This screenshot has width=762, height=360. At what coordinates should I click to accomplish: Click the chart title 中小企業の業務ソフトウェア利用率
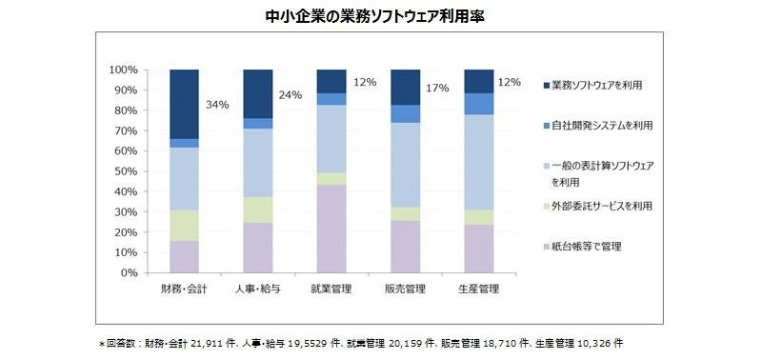375,16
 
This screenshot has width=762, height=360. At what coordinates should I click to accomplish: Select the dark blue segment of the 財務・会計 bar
184,104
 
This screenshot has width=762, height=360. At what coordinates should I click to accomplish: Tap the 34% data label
217,105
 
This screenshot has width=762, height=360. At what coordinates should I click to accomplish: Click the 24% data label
291,95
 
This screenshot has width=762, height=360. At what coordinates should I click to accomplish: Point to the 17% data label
438,89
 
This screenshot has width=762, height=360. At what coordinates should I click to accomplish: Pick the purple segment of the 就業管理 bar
331,229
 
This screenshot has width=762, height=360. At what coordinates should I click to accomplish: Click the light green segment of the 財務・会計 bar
184,226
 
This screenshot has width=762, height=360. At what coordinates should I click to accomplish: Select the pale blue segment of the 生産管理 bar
479,162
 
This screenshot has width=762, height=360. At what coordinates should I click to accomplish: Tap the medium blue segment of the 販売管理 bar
406,113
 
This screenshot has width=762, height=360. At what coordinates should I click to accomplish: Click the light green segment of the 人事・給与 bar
257,210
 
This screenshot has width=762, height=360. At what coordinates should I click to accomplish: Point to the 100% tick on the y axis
126,70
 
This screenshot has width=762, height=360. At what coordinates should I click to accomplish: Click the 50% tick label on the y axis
128,171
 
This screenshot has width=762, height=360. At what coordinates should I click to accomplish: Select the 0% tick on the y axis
130,273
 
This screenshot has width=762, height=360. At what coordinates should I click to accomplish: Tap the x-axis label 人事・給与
257,290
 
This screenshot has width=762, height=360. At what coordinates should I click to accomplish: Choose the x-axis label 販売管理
406,290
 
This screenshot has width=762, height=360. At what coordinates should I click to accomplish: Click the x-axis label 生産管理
479,290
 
